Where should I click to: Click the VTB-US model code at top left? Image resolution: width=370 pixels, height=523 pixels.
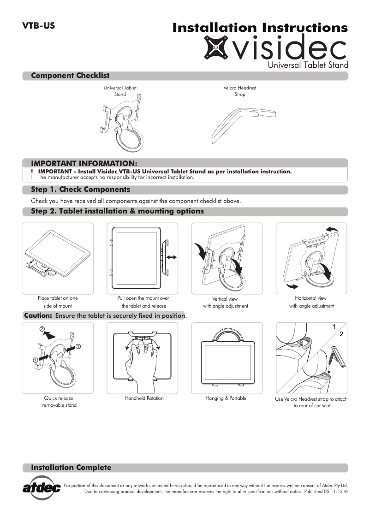[39, 26]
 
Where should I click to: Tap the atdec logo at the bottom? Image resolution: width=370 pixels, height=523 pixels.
[42, 487]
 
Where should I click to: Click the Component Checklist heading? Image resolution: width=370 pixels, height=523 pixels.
[70, 76]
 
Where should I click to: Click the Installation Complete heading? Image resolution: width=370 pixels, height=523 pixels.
[71, 468]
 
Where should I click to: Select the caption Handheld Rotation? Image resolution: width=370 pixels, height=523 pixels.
[144, 398]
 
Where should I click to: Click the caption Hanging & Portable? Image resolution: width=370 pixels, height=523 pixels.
[226, 398]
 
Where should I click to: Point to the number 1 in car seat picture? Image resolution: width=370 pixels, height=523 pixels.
[334, 327]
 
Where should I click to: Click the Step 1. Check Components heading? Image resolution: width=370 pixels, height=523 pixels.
[80, 190]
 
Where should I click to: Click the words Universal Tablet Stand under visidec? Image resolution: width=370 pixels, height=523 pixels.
[308, 65]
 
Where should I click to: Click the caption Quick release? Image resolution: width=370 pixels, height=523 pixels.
[59, 398]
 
